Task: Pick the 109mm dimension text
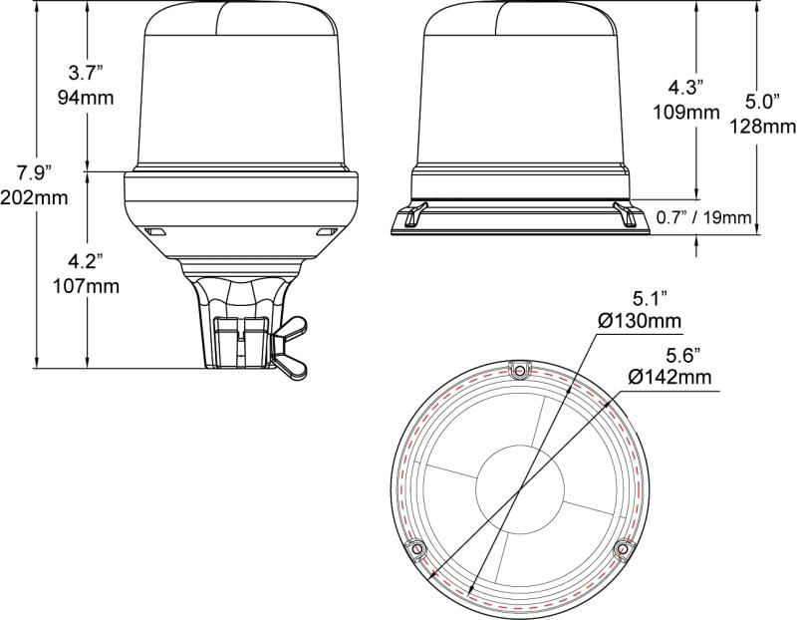point(687,112)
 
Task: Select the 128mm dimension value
point(763,126)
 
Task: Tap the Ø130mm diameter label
point(638,320)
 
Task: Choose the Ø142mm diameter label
point(669,376)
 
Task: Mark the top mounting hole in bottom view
point(519,371)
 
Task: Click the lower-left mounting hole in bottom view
point(416,547)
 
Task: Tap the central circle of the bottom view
point(519,490)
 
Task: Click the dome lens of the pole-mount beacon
point(239,90)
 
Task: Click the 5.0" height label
point(763,102)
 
